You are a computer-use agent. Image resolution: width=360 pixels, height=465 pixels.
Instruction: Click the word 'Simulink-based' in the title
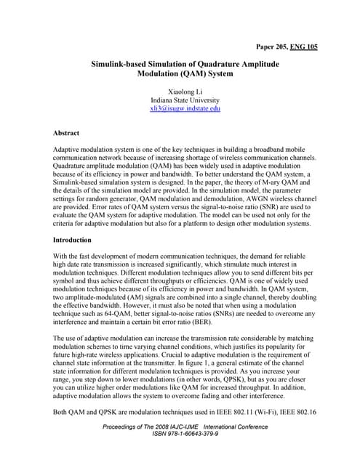pos(122,65)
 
